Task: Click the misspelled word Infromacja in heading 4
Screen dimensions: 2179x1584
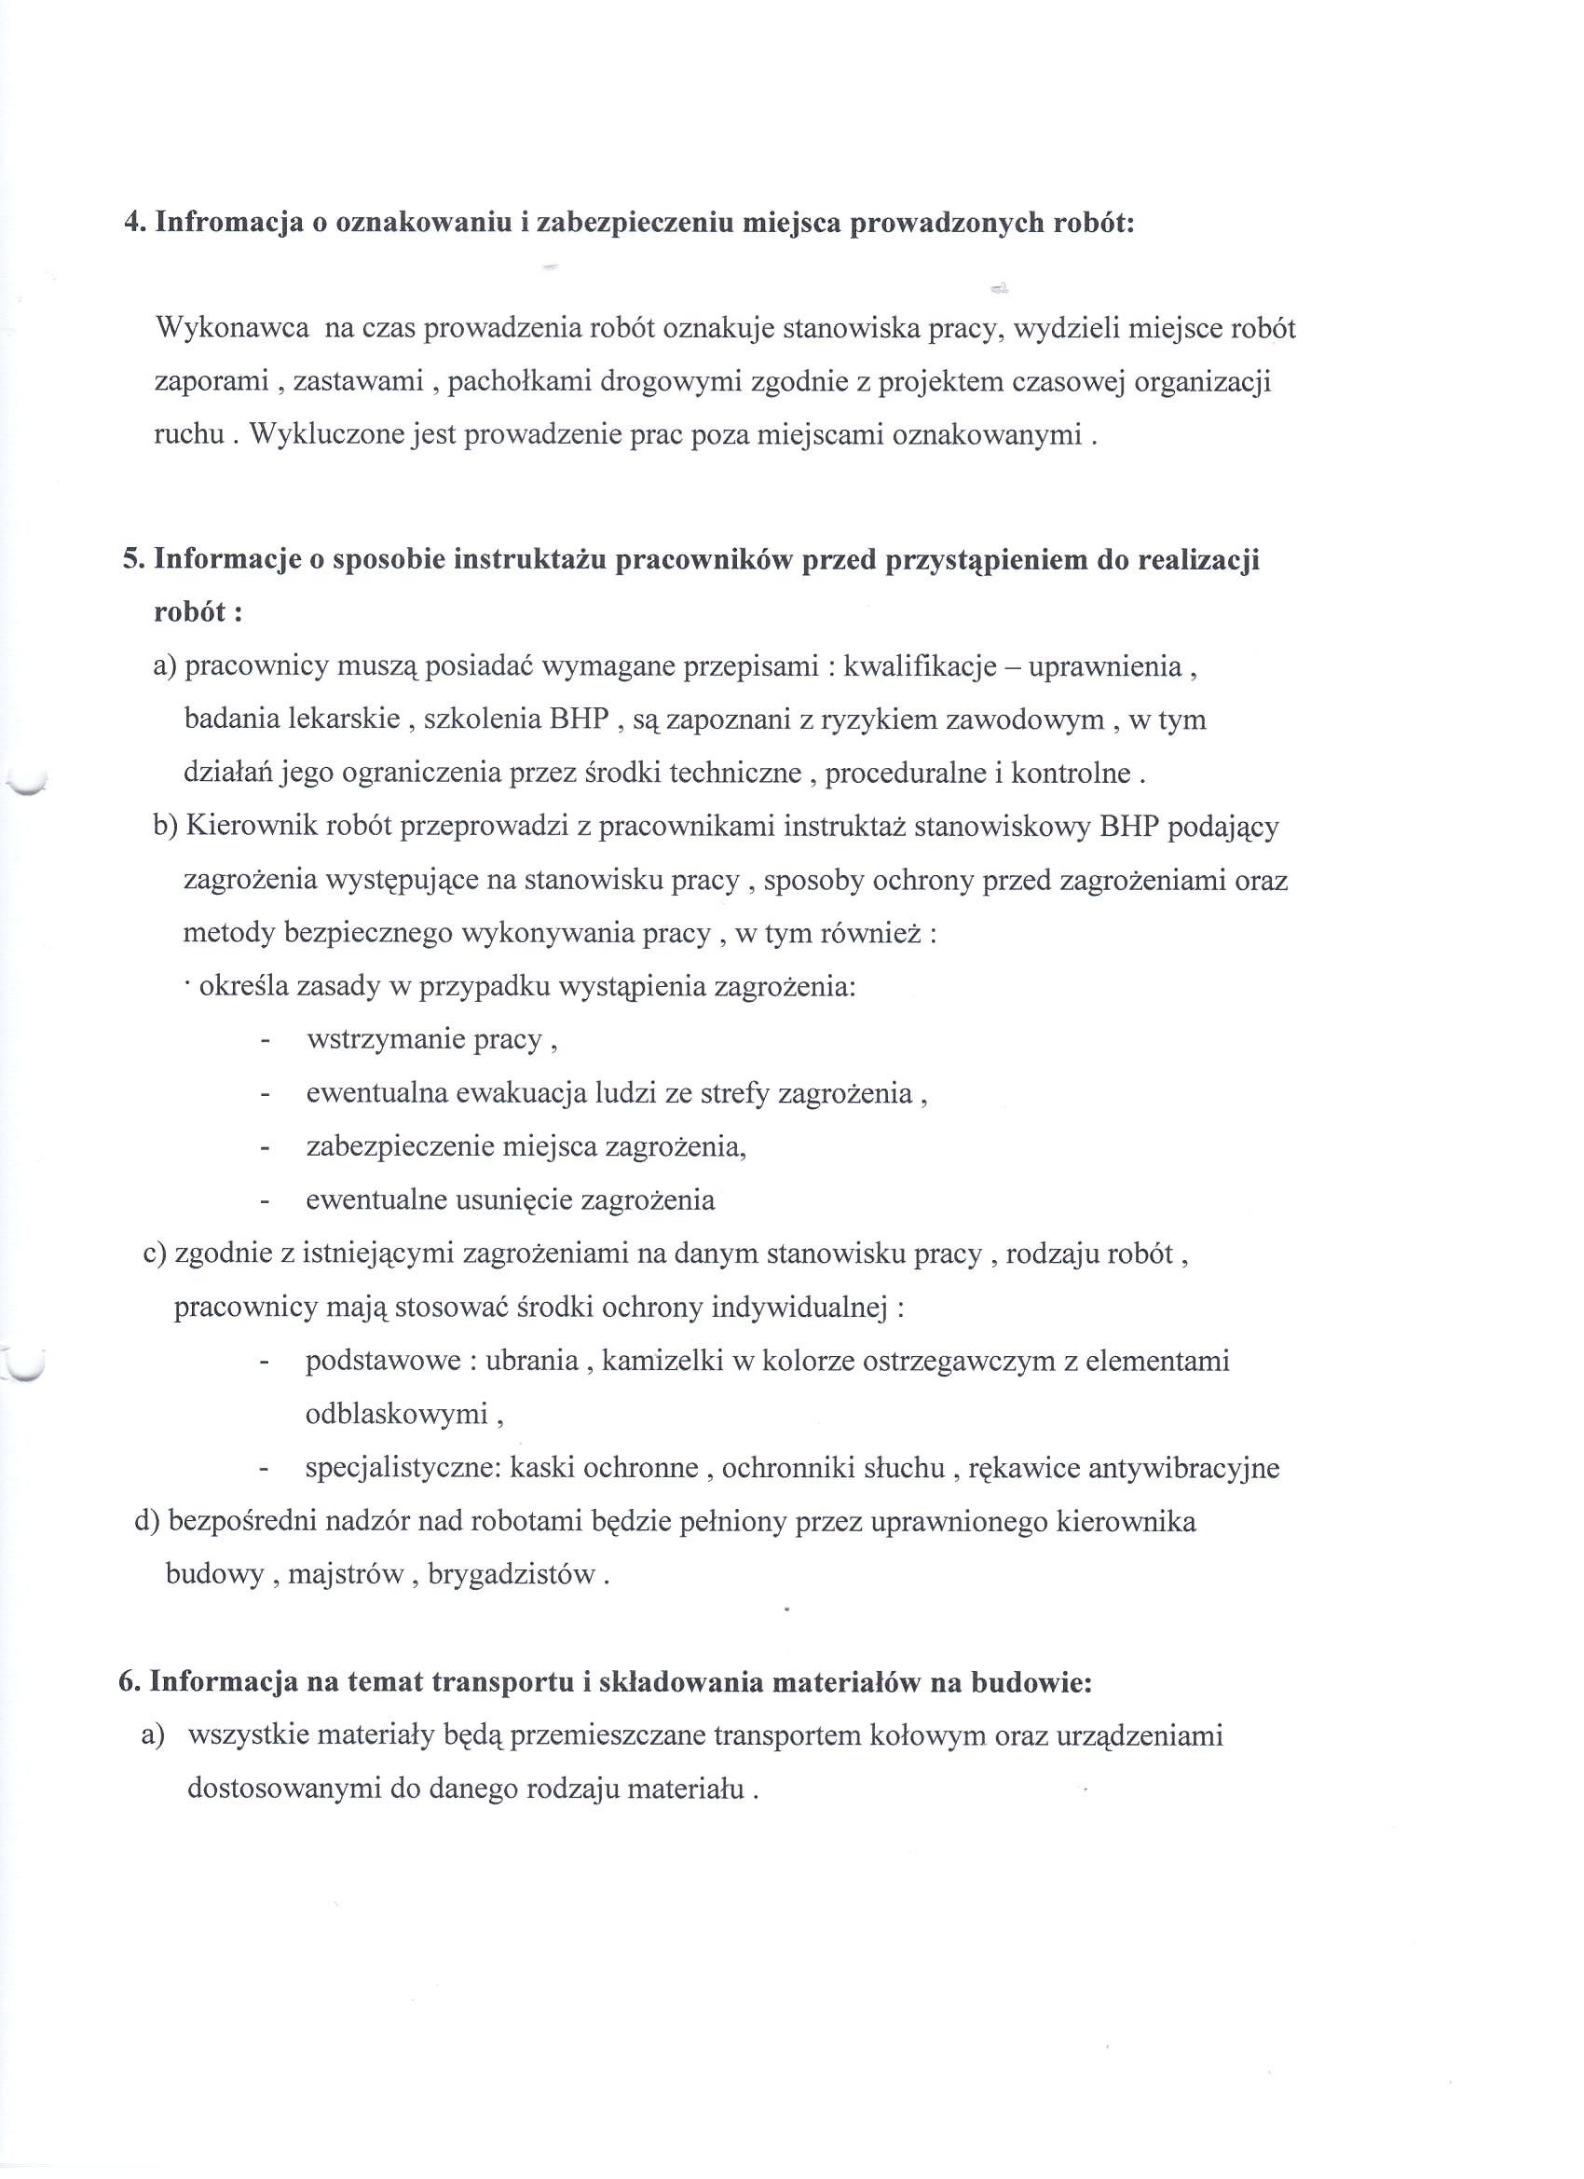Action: tap(222, 223)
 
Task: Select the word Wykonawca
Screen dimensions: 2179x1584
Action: tap(231, 329)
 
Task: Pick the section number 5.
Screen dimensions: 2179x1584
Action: tap(131, 560)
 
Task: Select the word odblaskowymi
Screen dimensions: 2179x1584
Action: tap(397, 1414)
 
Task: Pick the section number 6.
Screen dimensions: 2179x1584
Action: tap(128, 1682)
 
